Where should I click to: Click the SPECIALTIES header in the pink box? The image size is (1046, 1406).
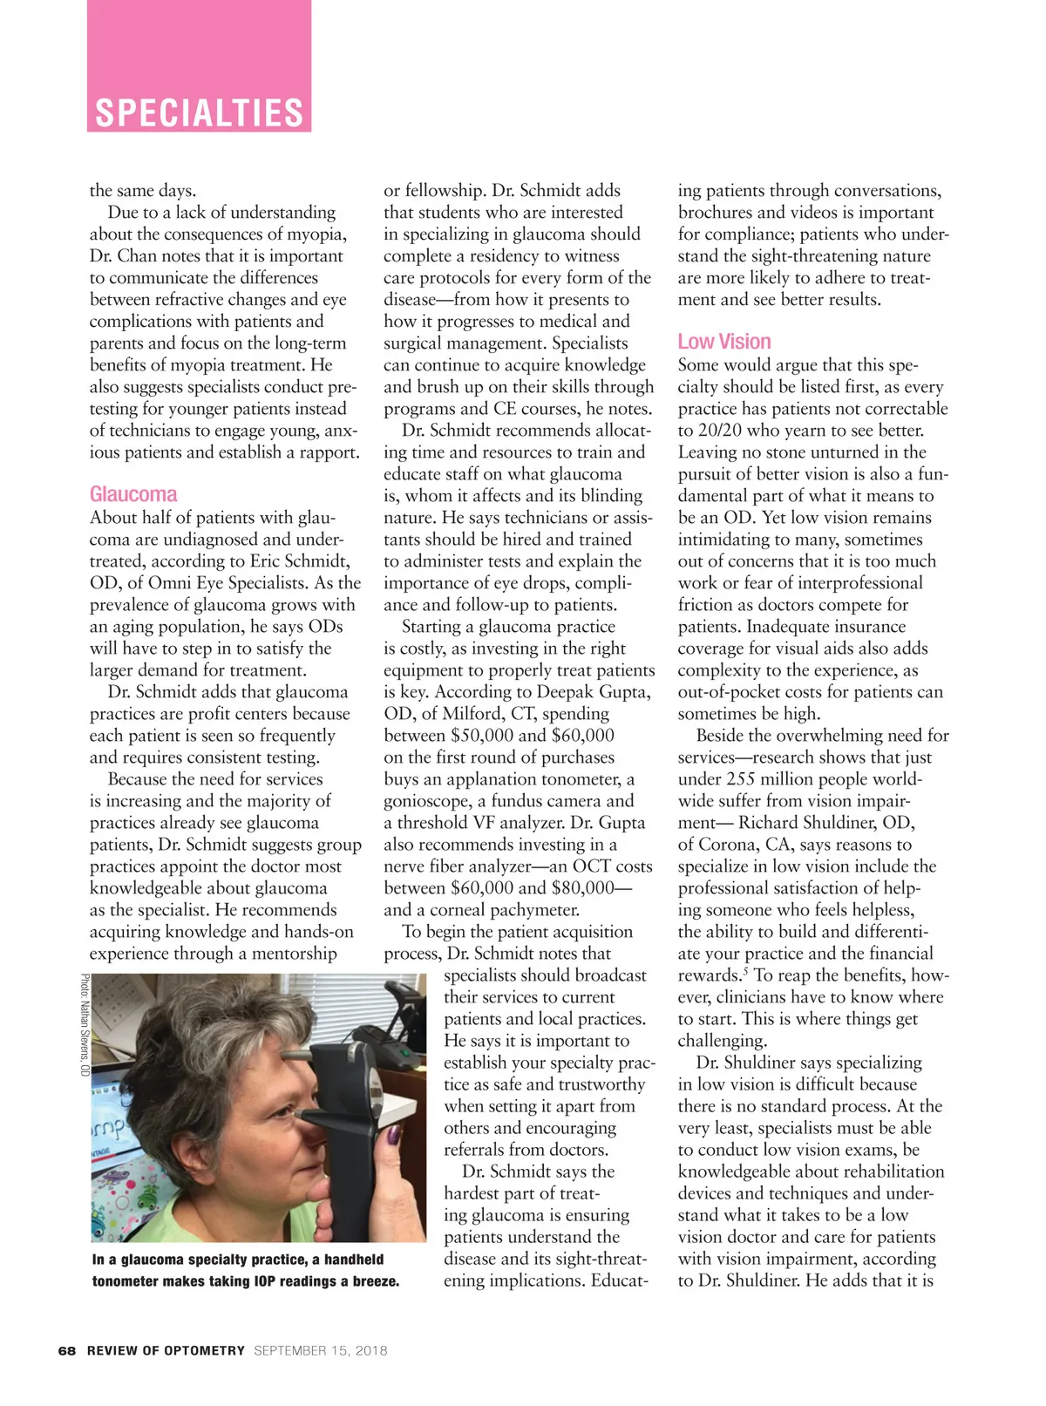pos(199,113)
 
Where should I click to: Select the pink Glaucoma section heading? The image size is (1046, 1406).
pos(133,494)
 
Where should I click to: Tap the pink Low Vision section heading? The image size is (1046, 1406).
pos(724,342)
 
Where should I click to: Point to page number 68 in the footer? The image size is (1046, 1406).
pos(67,1350)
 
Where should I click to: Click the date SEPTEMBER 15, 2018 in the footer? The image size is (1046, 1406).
pos(321,1350)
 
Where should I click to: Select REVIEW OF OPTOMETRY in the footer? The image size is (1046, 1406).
pos(166,1350)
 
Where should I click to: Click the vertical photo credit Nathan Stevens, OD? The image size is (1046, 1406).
pos(85,1024)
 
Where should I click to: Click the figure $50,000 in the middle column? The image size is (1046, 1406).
pos(482,736)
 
